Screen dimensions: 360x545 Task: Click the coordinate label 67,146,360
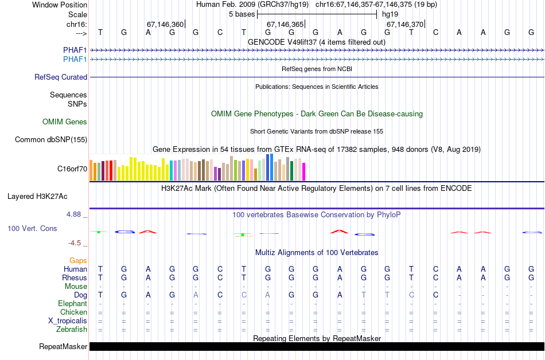(x=165, y=24)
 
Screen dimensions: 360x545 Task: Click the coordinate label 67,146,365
(x=285, y=24)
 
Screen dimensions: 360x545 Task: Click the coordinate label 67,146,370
(x=404, y=24)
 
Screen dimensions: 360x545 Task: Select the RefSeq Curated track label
(x=61, y=77)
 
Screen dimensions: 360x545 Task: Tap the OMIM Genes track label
(x=65, y=122)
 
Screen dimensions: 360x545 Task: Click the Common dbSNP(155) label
(x=51, y=139)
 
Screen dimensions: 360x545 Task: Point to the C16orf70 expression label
(x=72, y=169)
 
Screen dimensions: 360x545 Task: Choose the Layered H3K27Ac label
(x=37, y=196)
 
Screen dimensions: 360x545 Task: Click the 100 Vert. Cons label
(x=32, y=228)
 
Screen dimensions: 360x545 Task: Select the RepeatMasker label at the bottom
(x=63, y=346)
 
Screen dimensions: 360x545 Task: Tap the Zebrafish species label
(x=72, y=330)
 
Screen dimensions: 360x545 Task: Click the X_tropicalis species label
(x=68, y=321)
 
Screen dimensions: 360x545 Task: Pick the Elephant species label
(x=72, y=303)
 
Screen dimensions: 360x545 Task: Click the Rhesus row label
(x=75, y=277)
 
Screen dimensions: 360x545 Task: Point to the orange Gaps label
(x=78, y=260)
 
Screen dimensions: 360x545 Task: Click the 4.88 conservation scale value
(x=76, y=214)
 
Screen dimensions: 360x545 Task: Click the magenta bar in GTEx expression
(x=304, y=171)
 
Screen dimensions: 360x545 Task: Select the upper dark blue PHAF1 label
(x=75, y=50)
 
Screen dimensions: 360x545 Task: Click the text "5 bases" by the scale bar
(x=241, y=14)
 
